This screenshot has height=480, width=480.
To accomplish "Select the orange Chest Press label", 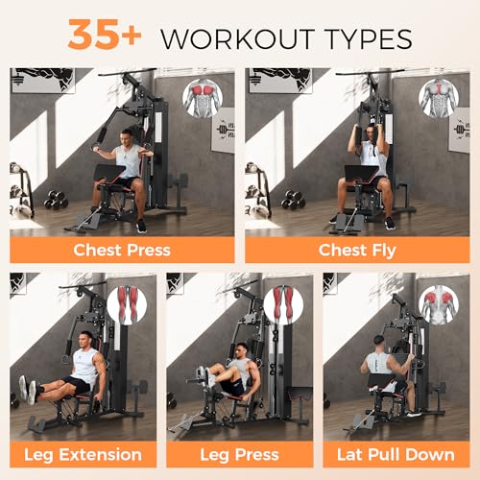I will tap(122, 251).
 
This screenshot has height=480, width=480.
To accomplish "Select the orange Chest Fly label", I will tap(357, 251).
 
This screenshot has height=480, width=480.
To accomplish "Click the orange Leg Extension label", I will tap(84, 453).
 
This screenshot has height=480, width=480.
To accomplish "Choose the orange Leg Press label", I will tap(239, 453).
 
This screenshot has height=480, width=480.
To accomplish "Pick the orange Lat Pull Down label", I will tap(396, 453).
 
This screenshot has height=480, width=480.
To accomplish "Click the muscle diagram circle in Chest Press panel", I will tap(203, 98).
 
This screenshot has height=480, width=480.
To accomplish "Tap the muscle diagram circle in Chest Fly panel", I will tap(438, 98).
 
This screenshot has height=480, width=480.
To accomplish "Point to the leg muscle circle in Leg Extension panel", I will tap(127, 304).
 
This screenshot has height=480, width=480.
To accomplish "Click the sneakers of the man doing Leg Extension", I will tap(29, 390).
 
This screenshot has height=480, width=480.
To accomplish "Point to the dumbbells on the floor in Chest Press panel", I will tap(57, 201).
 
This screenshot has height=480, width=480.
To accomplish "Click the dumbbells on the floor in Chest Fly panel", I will tap(292, 201).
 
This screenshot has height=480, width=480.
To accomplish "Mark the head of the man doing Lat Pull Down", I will tap(378, 342).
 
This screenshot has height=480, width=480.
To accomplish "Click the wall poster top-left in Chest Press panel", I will tap(42, 80).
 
